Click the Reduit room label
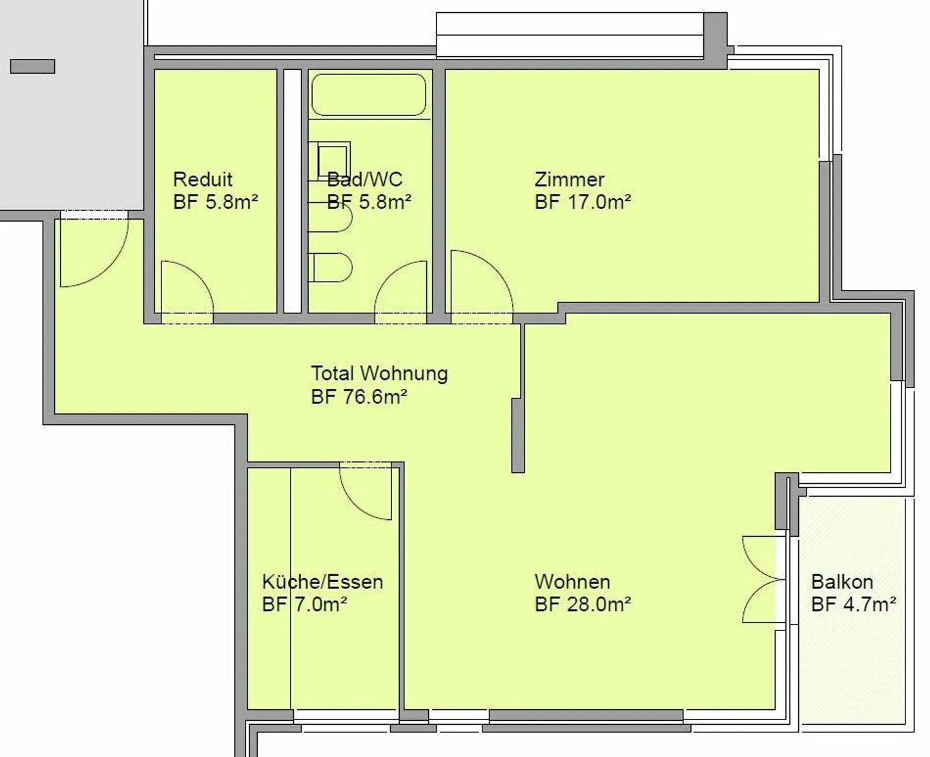[202, 179]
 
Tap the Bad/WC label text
[364, 179]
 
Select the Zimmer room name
[569, 179]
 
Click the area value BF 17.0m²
[583, 202]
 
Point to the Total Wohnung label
[379, 373]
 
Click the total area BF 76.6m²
[358, 397]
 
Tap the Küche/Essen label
[322, 582]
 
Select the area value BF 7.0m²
[304, 605]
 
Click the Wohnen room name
[572, 582]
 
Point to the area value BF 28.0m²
[583, 605]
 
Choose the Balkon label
[842, 582]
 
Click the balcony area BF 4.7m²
[853, 605]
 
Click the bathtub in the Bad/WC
[369, 95]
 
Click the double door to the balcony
[763, 579]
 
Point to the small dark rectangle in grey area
[32, 66]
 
